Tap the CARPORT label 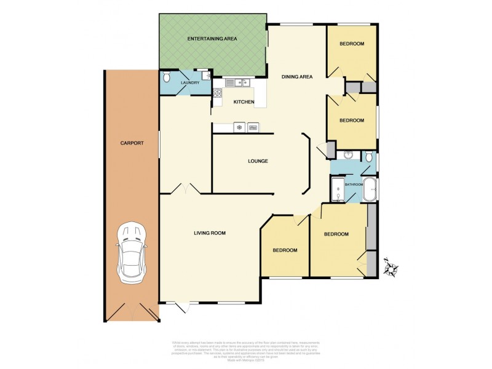coord(132,143)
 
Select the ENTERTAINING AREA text coord(212,39)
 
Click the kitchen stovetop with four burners coord(217,93)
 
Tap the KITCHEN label coord(244,102)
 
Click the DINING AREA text coord(297,77)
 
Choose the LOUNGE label coord(258,161)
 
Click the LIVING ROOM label coord(210,232)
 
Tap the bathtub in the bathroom coord(370,190)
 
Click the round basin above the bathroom coord(348,156)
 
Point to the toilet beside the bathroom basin coord(368,157)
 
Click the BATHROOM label coord(354,184)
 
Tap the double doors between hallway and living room coord(183,189)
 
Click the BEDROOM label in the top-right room coord(352,44)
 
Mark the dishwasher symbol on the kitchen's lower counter coord(239,128)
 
